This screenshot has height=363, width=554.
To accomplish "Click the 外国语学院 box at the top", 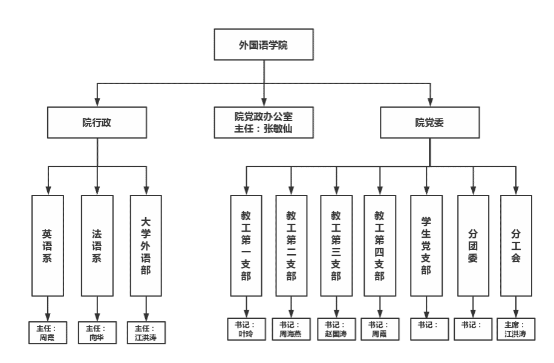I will coord(264,45).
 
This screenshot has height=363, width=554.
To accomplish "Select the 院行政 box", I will coord(97,123).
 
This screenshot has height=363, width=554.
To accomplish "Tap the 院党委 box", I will coord(429,123).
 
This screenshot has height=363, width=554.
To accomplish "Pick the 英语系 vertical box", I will coord(47,246).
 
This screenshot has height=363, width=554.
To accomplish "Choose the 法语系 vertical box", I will coord(97,246).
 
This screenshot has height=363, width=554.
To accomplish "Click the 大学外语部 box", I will coord(146,246).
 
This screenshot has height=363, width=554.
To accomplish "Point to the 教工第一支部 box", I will coord(246,246).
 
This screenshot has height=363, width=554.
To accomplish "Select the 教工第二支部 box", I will coord(292,246).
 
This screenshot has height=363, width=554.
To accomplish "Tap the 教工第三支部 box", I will coord(336,246).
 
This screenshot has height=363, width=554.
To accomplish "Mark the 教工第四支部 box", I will coord(380,246).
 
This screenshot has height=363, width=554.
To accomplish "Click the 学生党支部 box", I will coord(426,246).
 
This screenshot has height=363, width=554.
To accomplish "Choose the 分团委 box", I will coord(473,246).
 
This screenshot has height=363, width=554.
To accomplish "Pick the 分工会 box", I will coord(516,246).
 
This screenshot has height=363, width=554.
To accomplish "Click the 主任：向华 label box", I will coord(97,332).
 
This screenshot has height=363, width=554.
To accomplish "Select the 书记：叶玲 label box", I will coord(246,329).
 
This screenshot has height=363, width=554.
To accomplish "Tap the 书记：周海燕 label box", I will coord(291,329).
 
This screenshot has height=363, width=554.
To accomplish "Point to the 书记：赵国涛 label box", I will coord(336,329).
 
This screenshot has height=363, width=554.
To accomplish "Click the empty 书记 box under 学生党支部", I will coord(429,329).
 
